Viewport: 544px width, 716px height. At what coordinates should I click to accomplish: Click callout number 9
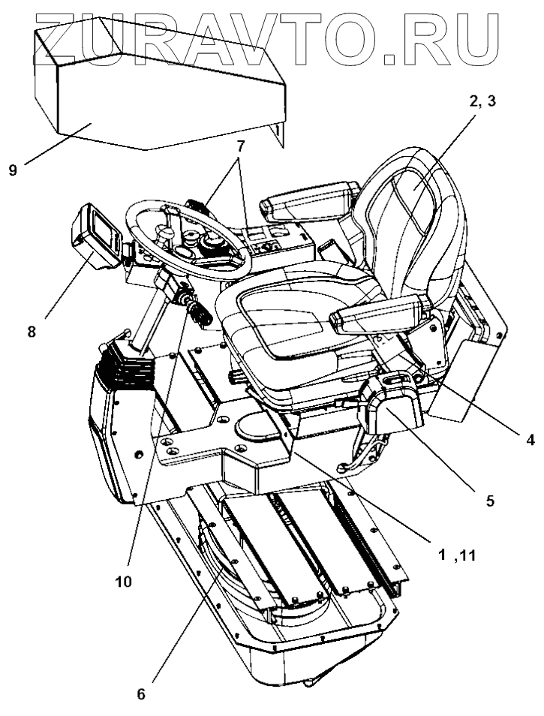(13, 170)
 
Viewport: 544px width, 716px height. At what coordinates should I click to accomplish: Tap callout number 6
(140, 694)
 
